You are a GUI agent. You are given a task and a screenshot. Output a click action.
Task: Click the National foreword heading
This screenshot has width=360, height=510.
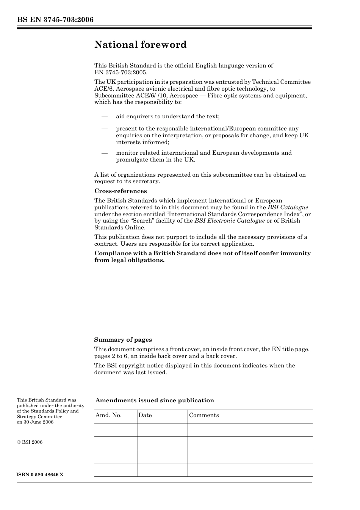(140, 45)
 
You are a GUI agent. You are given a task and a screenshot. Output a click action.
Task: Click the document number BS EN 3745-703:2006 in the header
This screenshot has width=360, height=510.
(55, 20)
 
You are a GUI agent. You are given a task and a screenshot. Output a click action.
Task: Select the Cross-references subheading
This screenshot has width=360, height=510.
(121, 191)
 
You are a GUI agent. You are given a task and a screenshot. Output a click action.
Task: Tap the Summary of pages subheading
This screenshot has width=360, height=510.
(123, 340)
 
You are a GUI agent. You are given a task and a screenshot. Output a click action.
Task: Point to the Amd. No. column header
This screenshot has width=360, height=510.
(108, 415)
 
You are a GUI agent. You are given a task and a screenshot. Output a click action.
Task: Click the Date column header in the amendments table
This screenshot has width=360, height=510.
(145, 415)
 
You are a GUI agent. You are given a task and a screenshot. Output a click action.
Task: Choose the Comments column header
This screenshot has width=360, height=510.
(204, 415)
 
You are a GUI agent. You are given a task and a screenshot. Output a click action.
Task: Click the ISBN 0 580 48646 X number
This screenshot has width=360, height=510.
(40, 475)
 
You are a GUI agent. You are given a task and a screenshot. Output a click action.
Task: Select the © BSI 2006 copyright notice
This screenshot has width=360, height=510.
(30, 442)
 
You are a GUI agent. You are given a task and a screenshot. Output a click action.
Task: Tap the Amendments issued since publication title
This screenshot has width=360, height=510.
(155, 400)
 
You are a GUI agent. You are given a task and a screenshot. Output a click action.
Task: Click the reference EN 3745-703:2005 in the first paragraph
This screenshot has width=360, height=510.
(121, 72)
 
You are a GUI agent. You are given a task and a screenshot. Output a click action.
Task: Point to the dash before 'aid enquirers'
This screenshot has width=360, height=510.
(105, 116)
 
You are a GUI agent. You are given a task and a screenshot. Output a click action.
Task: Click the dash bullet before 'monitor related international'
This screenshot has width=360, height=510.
(105, 153)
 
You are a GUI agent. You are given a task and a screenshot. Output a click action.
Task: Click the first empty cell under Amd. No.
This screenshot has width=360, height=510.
(115, 430)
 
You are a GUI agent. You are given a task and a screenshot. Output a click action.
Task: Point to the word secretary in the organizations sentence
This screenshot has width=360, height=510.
(147, 181)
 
